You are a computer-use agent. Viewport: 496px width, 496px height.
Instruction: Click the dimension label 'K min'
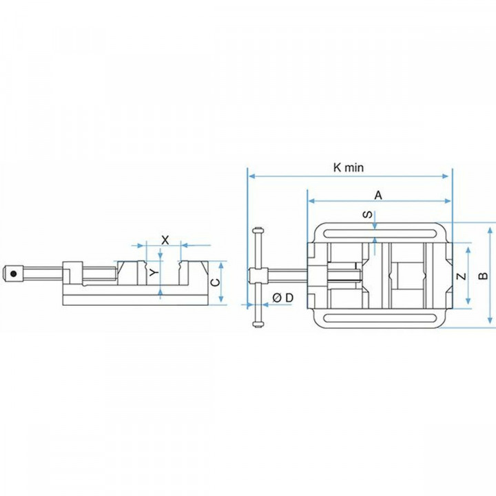coord(348,167)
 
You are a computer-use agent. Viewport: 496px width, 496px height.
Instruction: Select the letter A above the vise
coord(378,195)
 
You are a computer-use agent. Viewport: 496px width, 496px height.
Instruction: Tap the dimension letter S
coord(368,215)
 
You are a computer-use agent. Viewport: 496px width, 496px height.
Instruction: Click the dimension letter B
coord(484,275)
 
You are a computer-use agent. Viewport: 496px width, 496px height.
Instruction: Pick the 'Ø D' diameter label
coord(282,297)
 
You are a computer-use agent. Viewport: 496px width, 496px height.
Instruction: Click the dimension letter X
coord(165,239)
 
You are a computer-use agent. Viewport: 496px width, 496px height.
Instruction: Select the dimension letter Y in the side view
coord(154,273)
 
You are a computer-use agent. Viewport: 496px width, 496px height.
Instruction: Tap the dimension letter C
coord(214,282)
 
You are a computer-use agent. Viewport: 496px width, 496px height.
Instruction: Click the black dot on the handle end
coord(12,273)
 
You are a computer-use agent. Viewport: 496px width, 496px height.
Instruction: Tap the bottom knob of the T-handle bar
coord(258,321)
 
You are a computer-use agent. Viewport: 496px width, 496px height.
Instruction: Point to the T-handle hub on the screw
coord(258,276)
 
